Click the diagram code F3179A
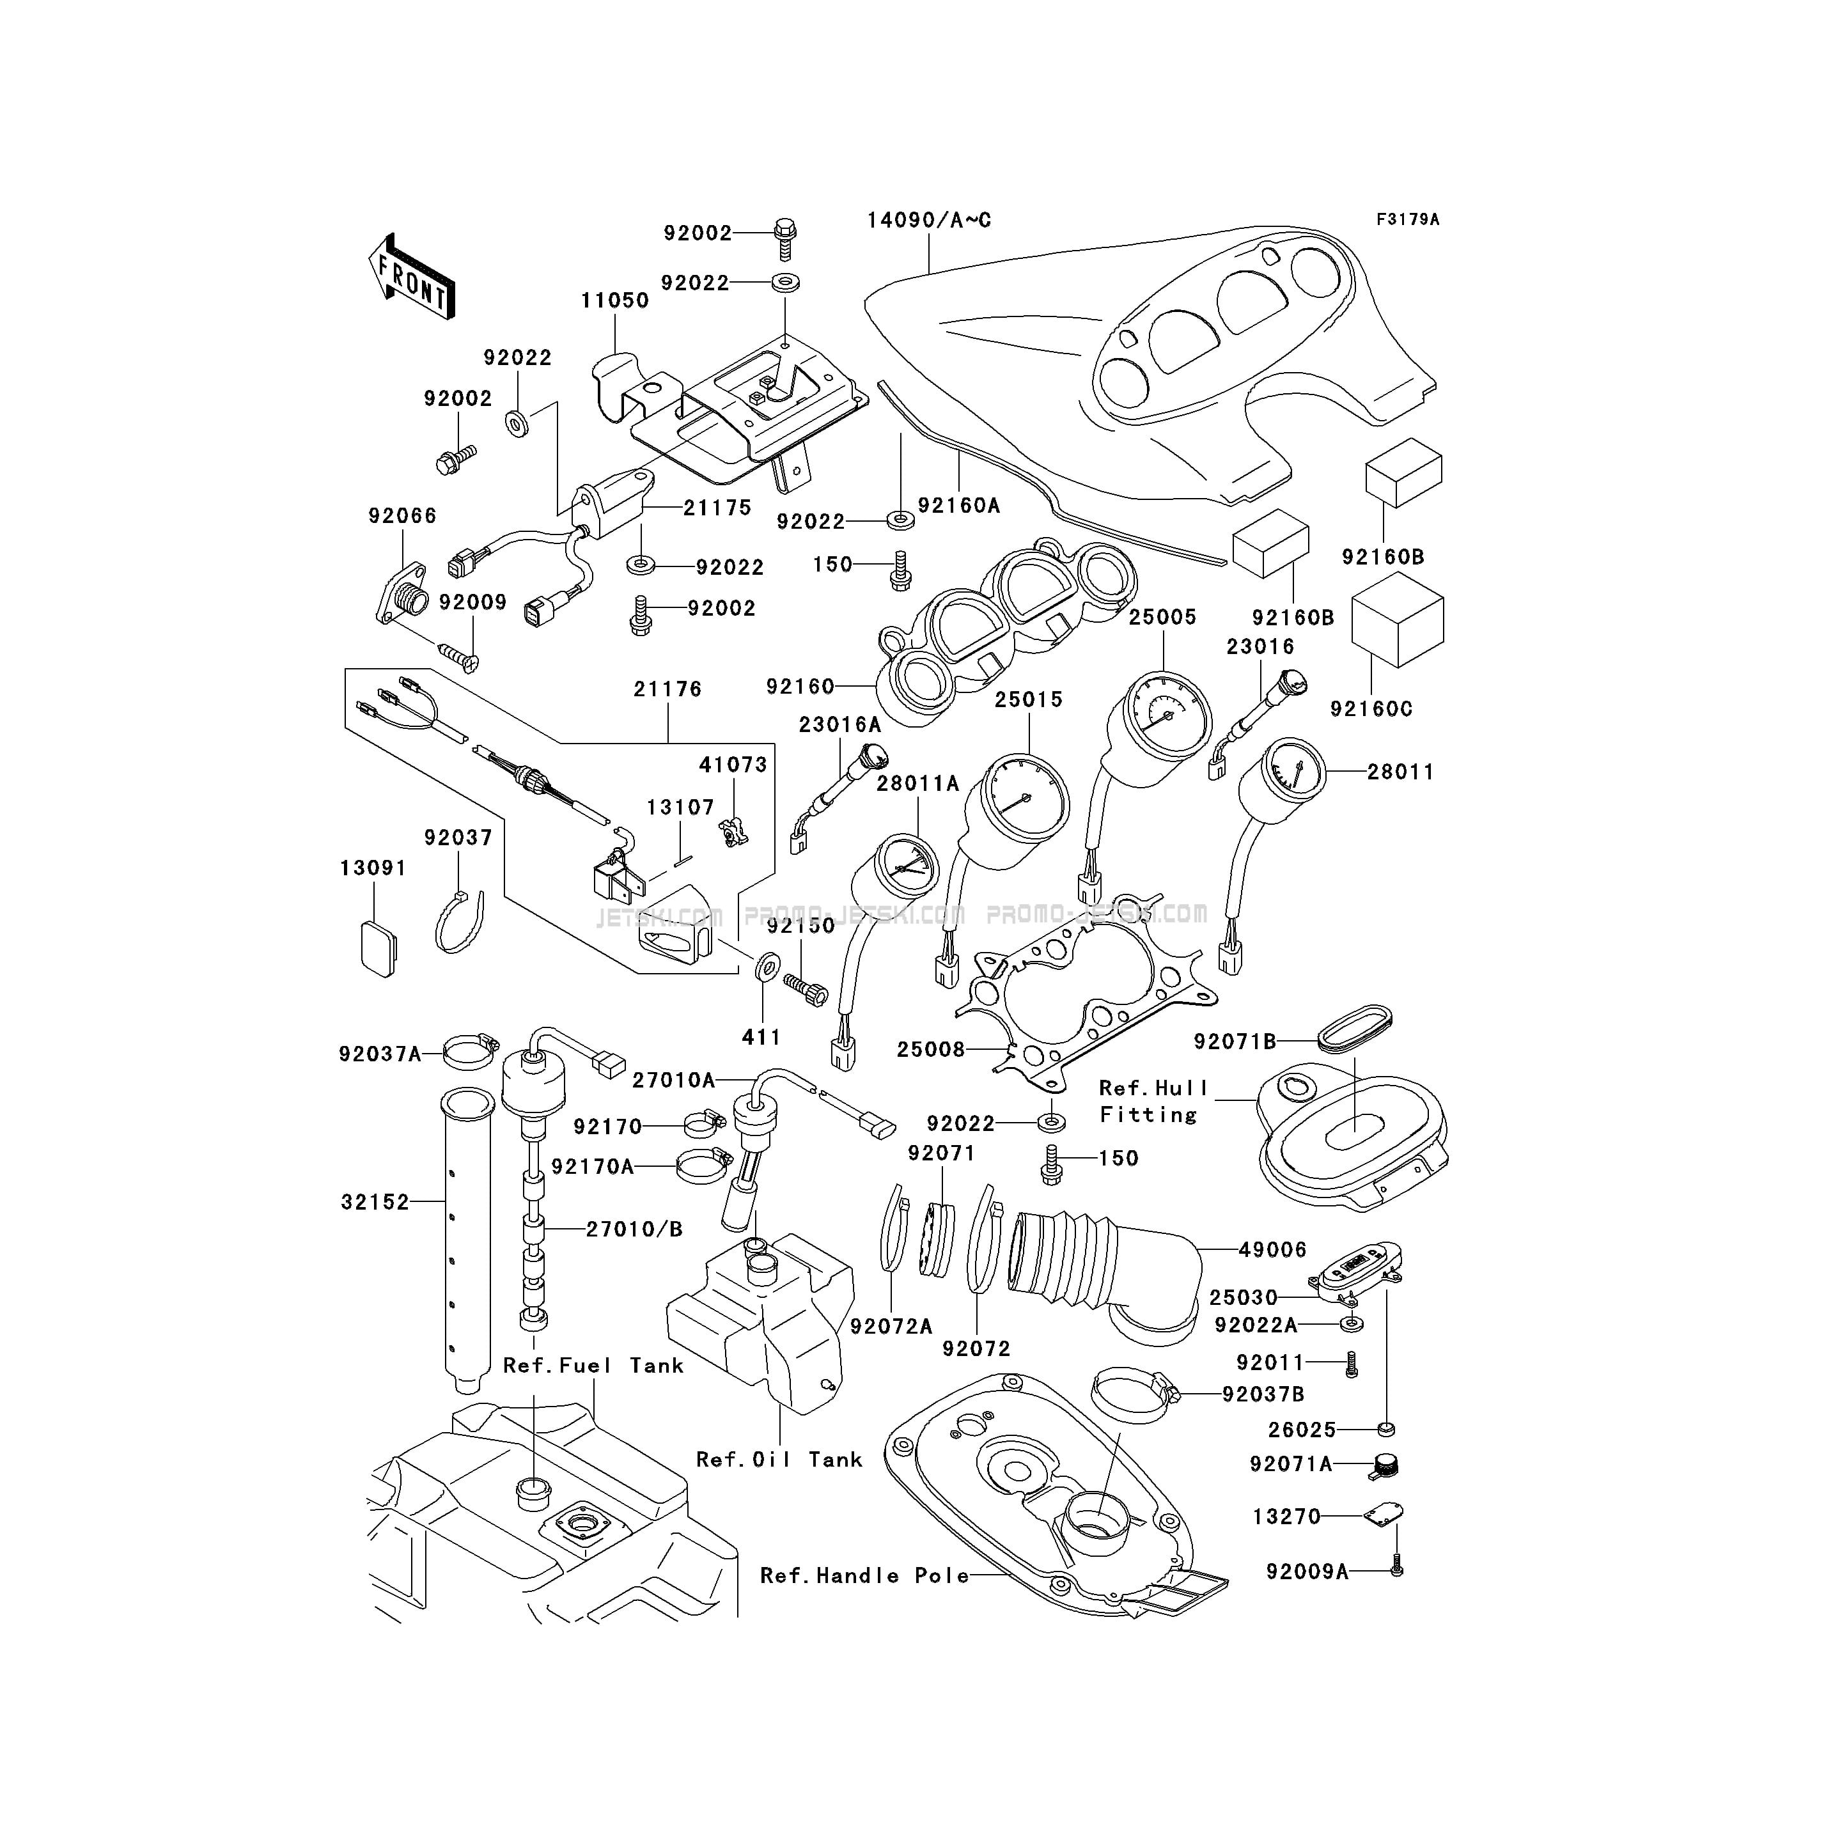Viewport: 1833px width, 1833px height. (1408, 219)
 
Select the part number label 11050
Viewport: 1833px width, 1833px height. (615, 300)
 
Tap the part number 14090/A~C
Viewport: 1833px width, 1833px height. (929, 220)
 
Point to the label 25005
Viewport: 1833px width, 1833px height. (1162, 617)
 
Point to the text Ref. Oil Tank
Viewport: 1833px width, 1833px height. (779, 1459)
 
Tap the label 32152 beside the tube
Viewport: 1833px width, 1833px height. (375, 1202)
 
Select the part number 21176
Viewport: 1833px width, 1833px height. (668, 689)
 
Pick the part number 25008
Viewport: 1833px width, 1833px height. (931, 1049)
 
